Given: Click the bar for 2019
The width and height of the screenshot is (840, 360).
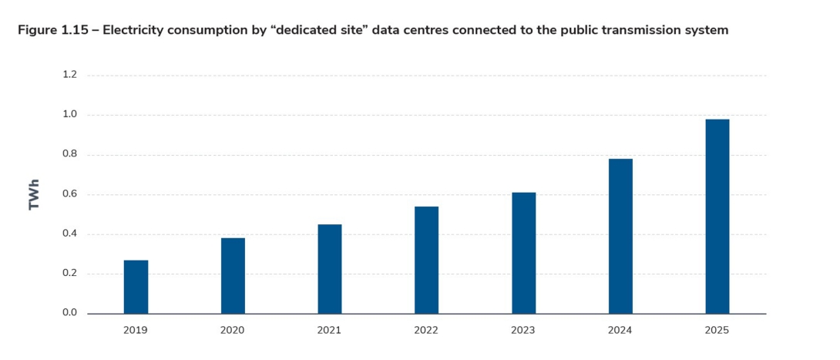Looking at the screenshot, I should pyautogui.click(x=136, y=287).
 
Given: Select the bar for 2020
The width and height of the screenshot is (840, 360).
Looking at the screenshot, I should pyautogui.click(x=233, y=275).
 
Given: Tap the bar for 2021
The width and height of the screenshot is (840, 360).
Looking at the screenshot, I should pyautogui.click(x=330, y=268).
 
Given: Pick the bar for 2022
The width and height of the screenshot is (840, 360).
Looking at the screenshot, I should pyautogui.click(x=426, y=260).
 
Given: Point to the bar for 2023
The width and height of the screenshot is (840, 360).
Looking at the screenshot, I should pyautogui.click(x=523, y=253).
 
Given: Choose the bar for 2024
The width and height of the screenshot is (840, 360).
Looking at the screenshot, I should pyautogui.click(x=620, y=236).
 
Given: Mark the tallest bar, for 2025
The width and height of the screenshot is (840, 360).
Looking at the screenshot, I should pyautogui.click(x=717, y=216).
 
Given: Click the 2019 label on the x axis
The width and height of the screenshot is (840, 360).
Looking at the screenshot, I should pyautogui.click(x=136, y=330).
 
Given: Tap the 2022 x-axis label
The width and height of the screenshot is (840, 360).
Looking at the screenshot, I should pyautogui.click(x=426, y=330).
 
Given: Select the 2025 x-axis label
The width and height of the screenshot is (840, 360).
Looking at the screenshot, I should pyautogui.click(x=717, y=330).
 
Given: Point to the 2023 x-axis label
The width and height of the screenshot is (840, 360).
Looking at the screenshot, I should pyautogui.click(x=523, y=330).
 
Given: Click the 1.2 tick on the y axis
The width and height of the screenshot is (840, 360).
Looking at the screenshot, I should pyautogui.click(x=70, y=75).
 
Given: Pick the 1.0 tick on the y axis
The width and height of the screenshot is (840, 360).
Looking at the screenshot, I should pyautogui.click(x=70, y=115).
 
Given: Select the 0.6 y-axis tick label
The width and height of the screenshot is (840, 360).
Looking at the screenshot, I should pyautogui.click(x=70, y=194).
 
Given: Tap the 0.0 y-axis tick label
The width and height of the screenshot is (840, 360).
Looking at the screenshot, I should pyautogui.click(x=70, y=313).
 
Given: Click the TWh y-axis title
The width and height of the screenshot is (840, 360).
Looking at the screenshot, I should pyautogui.click(x=34, y=195).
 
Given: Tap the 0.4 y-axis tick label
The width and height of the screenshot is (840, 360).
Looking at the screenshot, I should pyautogui.click(x=70, y=234).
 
